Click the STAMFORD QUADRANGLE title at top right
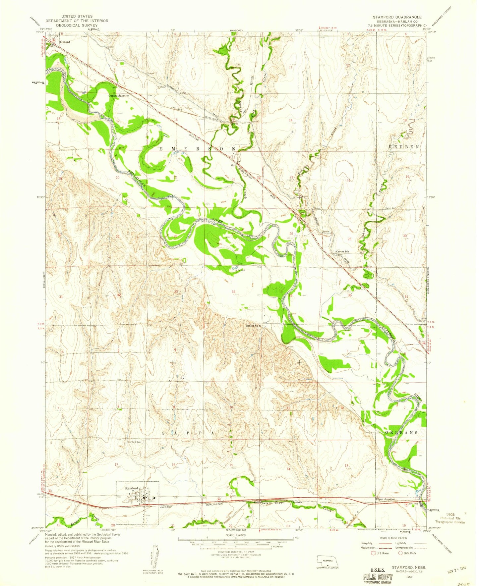[x=397, y=17]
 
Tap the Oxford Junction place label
[x=119, y=95]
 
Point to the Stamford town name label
[x=131, y=488]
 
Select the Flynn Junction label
[x=385, y=499]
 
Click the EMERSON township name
[x=198, y=149]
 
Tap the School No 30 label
[x=254, y=326]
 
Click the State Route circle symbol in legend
[x=400, y=553]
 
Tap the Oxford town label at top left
[x=65, y=42]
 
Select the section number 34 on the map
[x=234, y=292]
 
